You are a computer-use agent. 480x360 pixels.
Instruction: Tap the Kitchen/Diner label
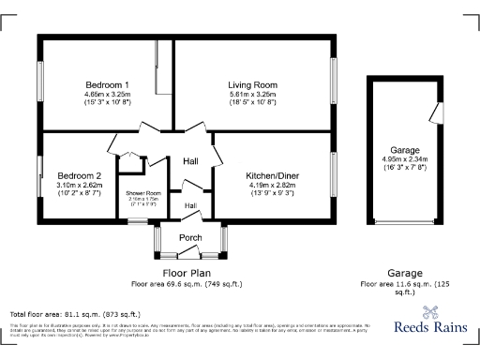[272, 175]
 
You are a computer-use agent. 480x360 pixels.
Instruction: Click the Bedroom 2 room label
[79, 175]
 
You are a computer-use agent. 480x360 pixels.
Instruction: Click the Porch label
[190, 237]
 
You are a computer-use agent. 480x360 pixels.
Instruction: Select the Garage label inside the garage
[405, 150]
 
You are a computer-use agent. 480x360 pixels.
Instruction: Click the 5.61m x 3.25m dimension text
[253, 95]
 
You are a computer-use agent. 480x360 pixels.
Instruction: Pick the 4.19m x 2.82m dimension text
[272, 185]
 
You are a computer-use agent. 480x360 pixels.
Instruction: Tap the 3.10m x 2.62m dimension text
[79, 185]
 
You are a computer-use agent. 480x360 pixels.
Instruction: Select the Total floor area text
[75, 314]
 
